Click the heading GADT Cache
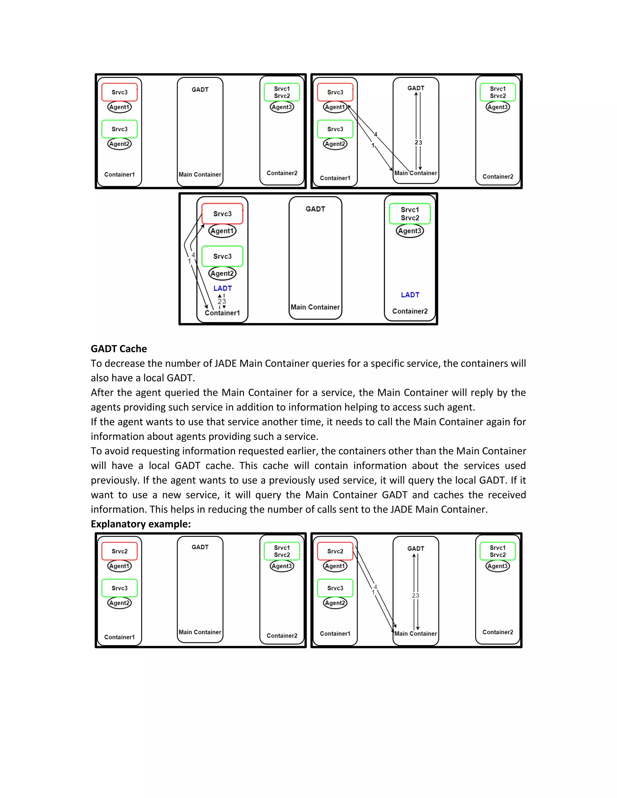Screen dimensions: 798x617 click(x=118, y=349)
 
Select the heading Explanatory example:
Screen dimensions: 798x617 click(x=141, y=524)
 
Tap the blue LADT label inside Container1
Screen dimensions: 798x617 click(x=222, y=288)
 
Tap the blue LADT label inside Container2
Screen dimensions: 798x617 click(x=410, y=295)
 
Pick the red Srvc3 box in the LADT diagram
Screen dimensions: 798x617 click(x=222, y=214)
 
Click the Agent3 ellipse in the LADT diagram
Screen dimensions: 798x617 click(x=410, y=231)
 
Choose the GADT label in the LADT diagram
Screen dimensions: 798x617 click(x=315, y=209)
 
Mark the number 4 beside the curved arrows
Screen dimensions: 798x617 click(x=193, y=255)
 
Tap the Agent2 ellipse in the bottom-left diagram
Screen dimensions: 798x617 click(x=120, y=603)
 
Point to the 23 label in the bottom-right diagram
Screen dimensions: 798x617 click(x=415, y=596)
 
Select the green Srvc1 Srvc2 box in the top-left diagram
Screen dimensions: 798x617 click(x=282, y=92)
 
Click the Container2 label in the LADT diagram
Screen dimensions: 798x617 click(x=410, y=311)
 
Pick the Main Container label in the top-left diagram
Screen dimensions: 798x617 click(x=200, y=175)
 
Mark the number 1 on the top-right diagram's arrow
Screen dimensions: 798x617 click(x=373, y=145)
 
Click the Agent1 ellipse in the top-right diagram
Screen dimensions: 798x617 click(x=335, y=107)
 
